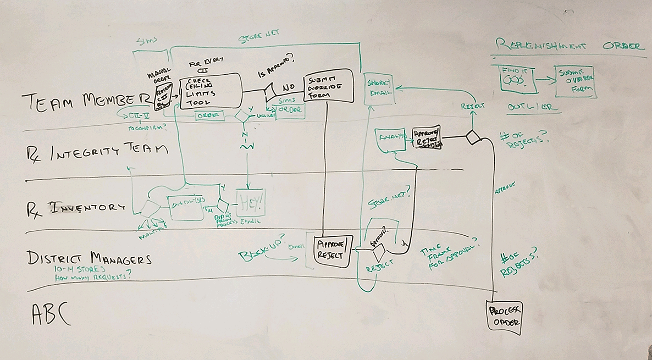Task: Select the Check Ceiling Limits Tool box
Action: click(x=211, y=90)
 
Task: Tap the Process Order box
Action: click(x=504, y=315)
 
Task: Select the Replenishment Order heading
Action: click(x=568, y=45)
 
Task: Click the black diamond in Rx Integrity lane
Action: click(x=474, y=137)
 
